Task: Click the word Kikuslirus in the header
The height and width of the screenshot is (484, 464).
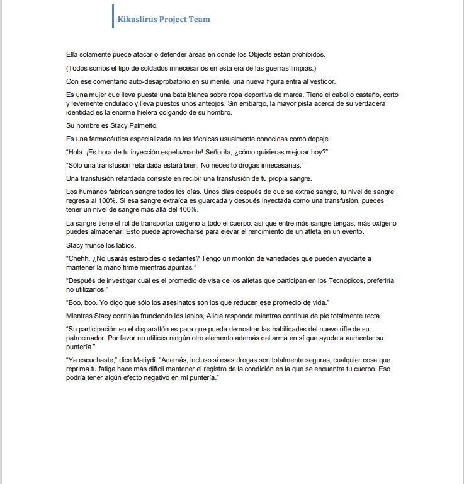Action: [x=137, y=19]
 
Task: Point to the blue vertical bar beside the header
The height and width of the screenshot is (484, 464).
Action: [x=112, y=16]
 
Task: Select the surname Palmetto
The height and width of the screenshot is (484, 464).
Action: [x=142, y=125]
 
